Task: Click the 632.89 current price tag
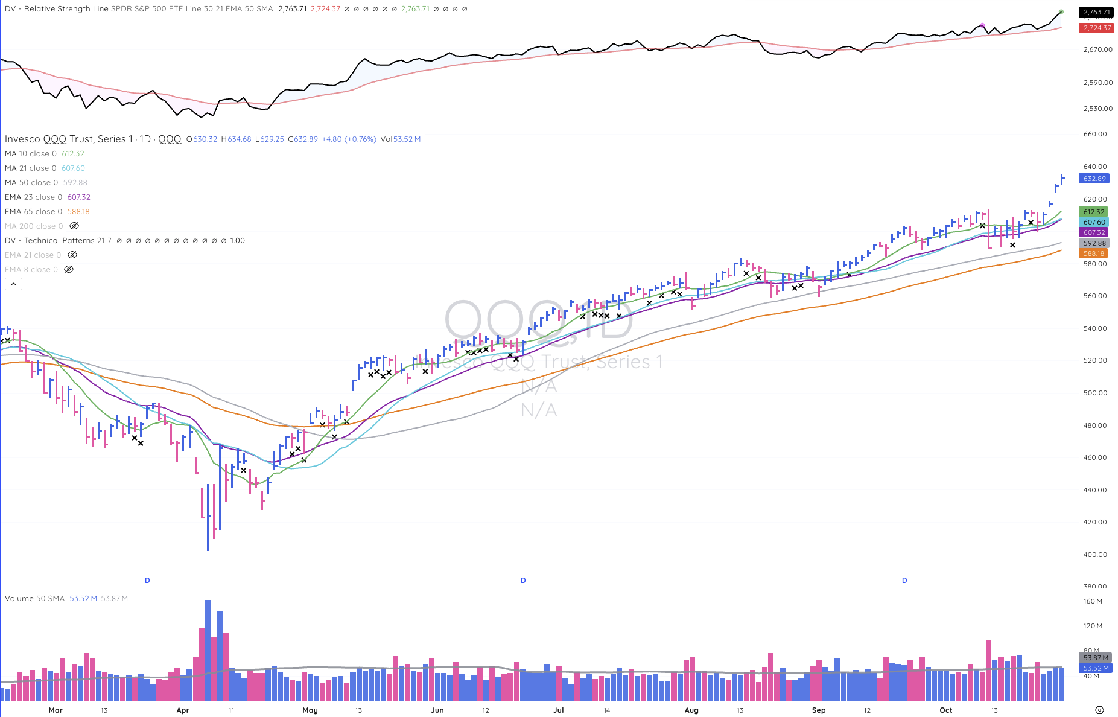pos(1094,179)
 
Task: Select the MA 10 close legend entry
pos(30,154)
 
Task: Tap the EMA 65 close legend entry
pos(33,212)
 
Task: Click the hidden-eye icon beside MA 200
pos(74,226)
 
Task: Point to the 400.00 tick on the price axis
pos(1094,555)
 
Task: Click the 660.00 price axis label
pos(1094,134)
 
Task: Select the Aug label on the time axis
pos(691,710)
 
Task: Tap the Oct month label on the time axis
pos(945,710)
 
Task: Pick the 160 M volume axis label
pos(1093,601)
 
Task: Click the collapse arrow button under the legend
pos(13,284)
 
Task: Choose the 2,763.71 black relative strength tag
pos(1096,12)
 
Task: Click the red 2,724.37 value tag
pos(1096,28)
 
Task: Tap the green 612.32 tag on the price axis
pos(1094,212)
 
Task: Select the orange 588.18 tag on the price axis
pos(1094,253)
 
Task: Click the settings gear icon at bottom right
pos(1099,710)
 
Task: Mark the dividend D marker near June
pos(523,581)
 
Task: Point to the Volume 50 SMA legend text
pos(34,599)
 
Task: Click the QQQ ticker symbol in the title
pos(170,139)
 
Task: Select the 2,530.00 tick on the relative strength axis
pos(1097,109)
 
